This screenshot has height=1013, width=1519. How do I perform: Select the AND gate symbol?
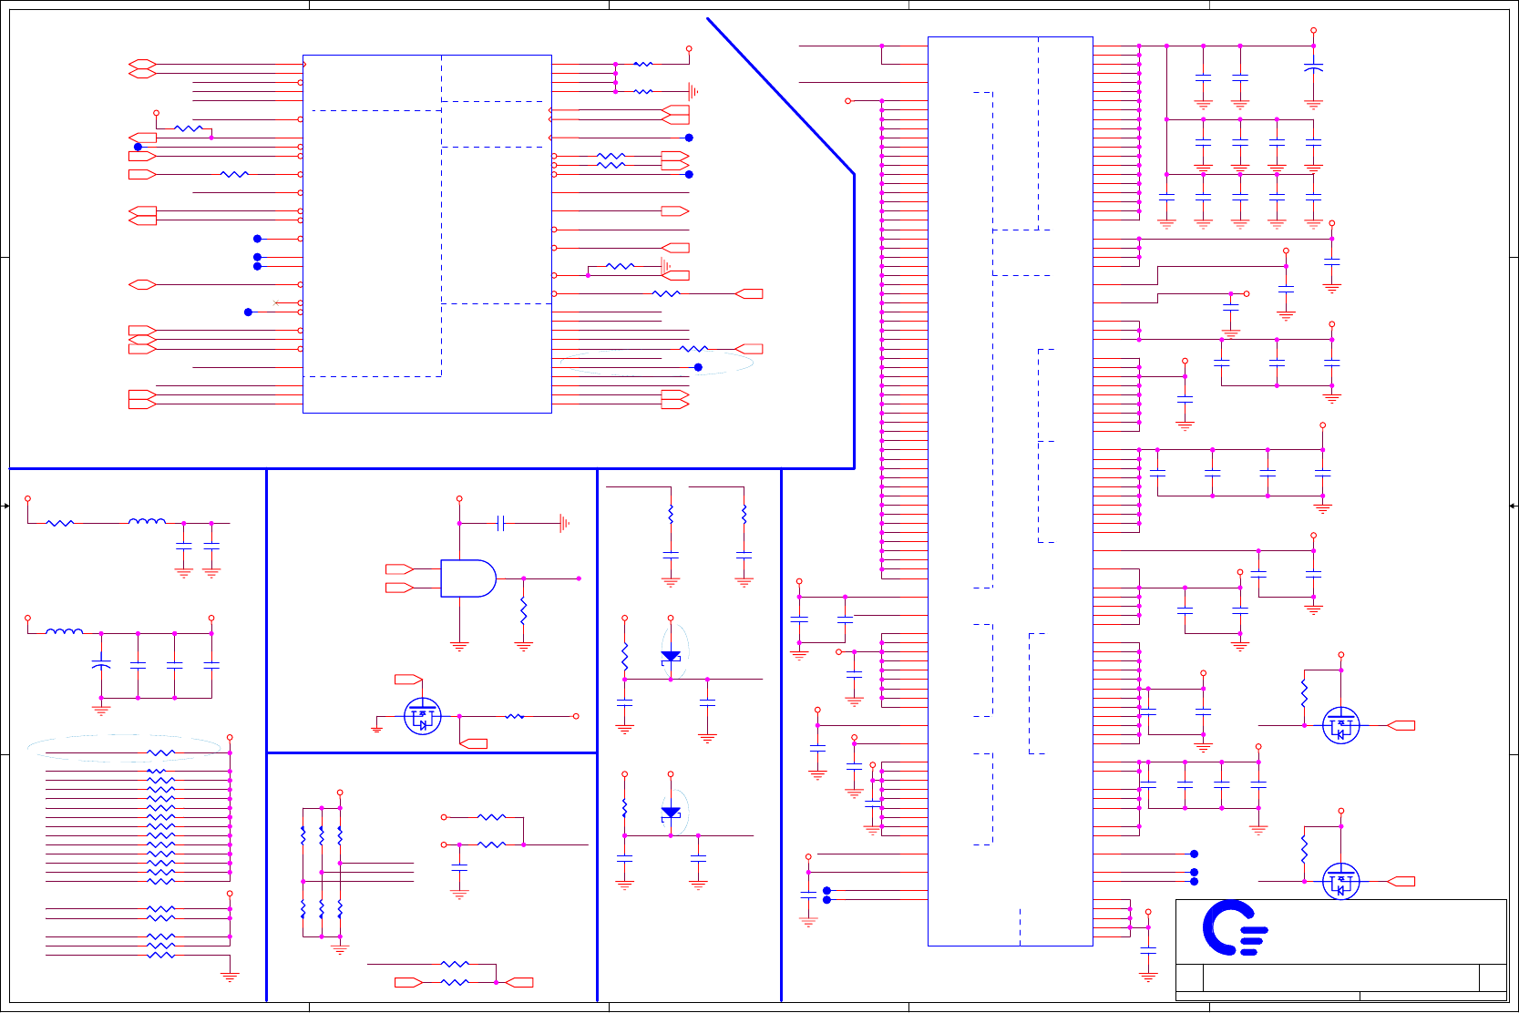pos(467,578)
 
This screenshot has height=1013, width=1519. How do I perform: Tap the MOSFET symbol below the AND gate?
pos(422,717)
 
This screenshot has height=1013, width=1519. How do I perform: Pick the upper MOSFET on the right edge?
pos(1340,726)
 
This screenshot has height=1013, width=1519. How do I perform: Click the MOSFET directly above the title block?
pos(1340,881)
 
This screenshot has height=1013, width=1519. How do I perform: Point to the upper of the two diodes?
pos(671,657)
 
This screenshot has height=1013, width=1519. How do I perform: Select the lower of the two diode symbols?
pos(671,813)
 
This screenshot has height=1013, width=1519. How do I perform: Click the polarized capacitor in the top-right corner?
pos(1313,68)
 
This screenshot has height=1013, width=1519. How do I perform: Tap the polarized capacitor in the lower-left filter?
pos(101,665)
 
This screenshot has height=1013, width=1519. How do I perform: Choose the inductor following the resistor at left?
pos(147,522)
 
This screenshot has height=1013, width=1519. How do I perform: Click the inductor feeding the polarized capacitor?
pos(64,631)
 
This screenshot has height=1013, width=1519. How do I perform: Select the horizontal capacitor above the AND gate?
pos(500,523)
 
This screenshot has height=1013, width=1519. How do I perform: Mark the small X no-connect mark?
pos(275,302)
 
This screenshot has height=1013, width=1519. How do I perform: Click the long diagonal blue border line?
pos(780,96)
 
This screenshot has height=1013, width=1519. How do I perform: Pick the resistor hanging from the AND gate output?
pos(523,610)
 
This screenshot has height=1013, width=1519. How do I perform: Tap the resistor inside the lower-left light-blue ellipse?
pos(160,753)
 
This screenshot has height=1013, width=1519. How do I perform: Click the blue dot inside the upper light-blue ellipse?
pos(698,367)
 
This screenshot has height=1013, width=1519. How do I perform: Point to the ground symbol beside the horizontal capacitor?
pos(564,523)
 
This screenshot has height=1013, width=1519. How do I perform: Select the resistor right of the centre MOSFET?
pos(515,717)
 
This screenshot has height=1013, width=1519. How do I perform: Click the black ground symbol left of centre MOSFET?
pos(376,729)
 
